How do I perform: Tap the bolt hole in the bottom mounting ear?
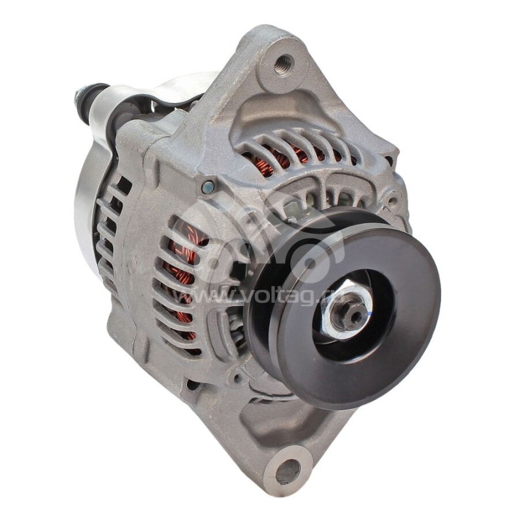tap(289, 470)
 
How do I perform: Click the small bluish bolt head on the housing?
tap(207, 187)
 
